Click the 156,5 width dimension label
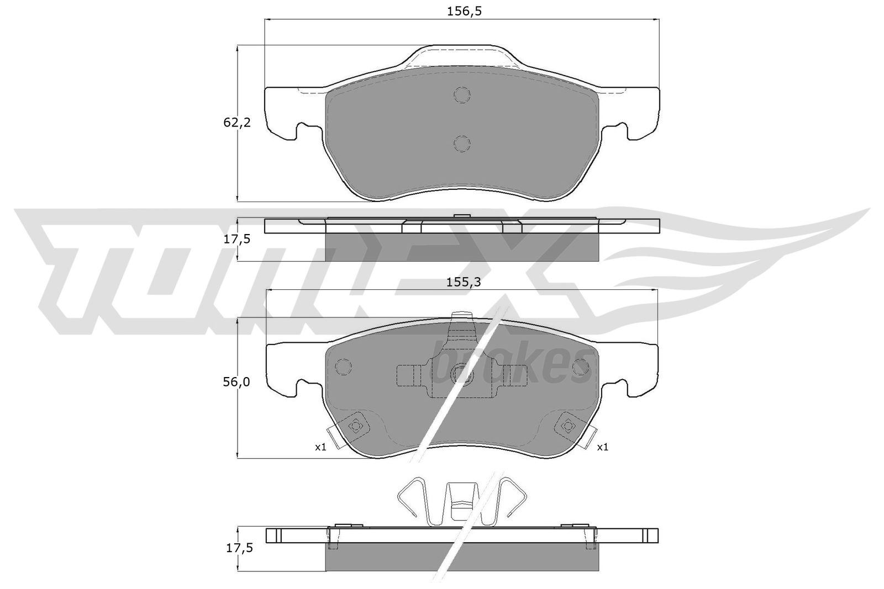464,12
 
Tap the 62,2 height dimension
237,123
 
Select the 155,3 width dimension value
464,282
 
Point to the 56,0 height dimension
236,381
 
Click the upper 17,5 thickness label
237,239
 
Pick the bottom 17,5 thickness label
239,548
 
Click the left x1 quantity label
320,447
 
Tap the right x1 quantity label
603,447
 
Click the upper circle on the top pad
462,94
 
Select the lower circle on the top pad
462,144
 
